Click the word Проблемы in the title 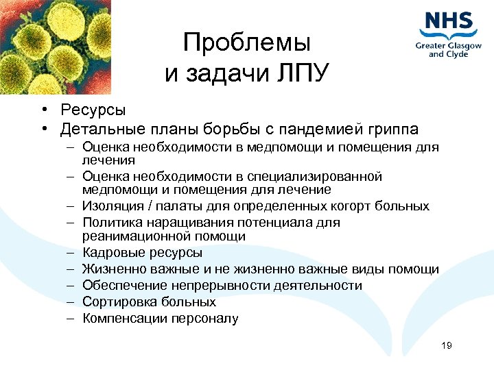coord(247,44)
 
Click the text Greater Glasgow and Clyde coord(448,50)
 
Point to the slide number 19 coord(447,346)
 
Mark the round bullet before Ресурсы coord(43,110)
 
